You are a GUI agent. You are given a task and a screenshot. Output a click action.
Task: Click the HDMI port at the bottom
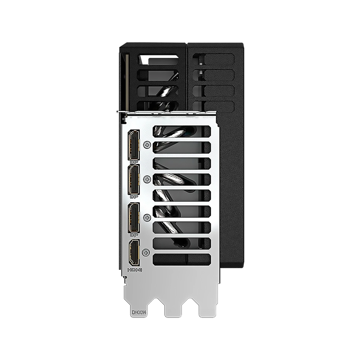[x=134, y=252]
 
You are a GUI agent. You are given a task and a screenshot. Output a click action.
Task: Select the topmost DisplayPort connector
[x=134, y=145]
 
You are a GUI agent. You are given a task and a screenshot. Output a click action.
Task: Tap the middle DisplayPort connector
[x=134, y=180]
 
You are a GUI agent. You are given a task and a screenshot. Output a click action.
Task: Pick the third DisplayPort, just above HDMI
[x=134, y=217]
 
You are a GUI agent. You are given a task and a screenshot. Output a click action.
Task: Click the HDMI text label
[x=134, y=270]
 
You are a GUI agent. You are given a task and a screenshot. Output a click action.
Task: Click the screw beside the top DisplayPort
[x=147, y=145]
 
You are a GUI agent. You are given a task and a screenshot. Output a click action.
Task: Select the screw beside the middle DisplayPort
[x=147, y=179]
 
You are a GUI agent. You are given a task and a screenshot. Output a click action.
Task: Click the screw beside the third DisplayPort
[x=148, y=217]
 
